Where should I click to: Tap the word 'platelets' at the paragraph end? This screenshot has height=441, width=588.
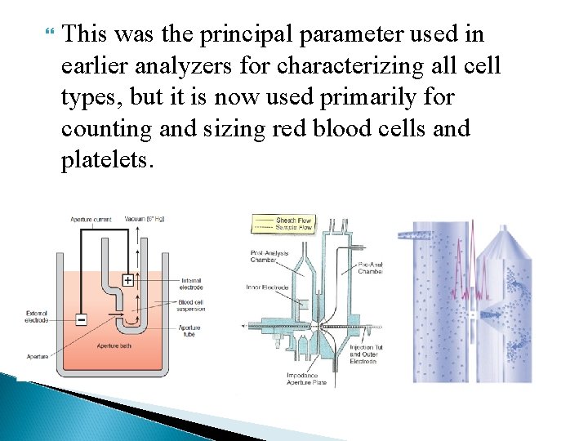[105, 161]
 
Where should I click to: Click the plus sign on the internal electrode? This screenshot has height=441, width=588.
[127, 280]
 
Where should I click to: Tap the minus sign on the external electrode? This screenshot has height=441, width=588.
[81, 319]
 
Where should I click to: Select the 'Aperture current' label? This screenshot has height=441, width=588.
[90, 219]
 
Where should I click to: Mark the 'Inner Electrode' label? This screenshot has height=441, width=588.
[265, 287]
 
